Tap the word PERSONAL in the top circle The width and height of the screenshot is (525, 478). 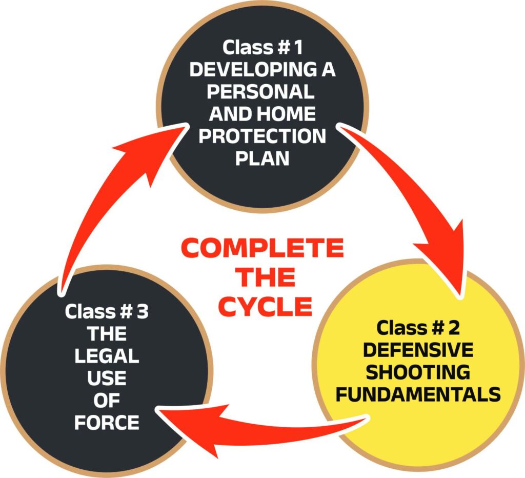coord(262,92)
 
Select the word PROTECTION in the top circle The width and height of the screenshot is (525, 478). coord(262,136)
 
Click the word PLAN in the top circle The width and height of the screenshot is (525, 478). coord(262,158)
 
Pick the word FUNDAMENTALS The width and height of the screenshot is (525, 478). coord(417,394)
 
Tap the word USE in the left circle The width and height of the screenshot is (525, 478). coord(107,379)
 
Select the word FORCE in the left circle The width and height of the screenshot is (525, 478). coord(107,423)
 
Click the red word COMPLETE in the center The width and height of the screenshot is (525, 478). coord(262,249)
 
